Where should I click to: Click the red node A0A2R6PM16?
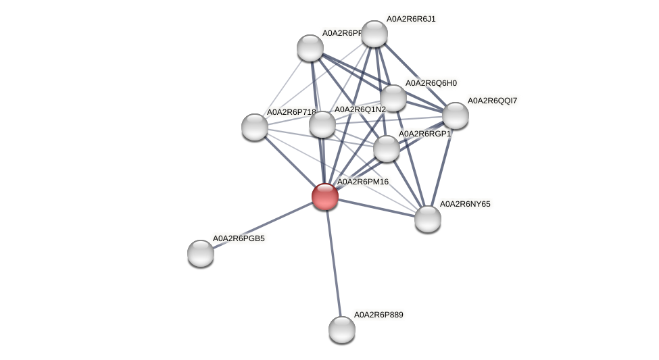325,196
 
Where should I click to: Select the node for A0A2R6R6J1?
374,34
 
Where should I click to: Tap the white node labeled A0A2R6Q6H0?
393,98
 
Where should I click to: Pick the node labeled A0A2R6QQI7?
455,115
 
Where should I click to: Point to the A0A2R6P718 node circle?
255,126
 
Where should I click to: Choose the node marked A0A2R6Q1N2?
322,124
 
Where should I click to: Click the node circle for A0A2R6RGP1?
387,149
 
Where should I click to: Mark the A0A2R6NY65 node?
427,218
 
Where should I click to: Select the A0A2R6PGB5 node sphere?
201,253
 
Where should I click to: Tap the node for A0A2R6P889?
342,329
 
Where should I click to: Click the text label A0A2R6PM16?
363,182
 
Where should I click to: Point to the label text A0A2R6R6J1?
410,19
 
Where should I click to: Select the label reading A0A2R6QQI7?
493,101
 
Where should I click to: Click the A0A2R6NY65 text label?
465,203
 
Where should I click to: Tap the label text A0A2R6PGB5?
239,238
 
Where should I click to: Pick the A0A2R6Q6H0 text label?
431,83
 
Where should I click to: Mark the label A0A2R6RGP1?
424,134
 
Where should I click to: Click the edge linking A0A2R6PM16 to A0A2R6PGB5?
263,224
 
